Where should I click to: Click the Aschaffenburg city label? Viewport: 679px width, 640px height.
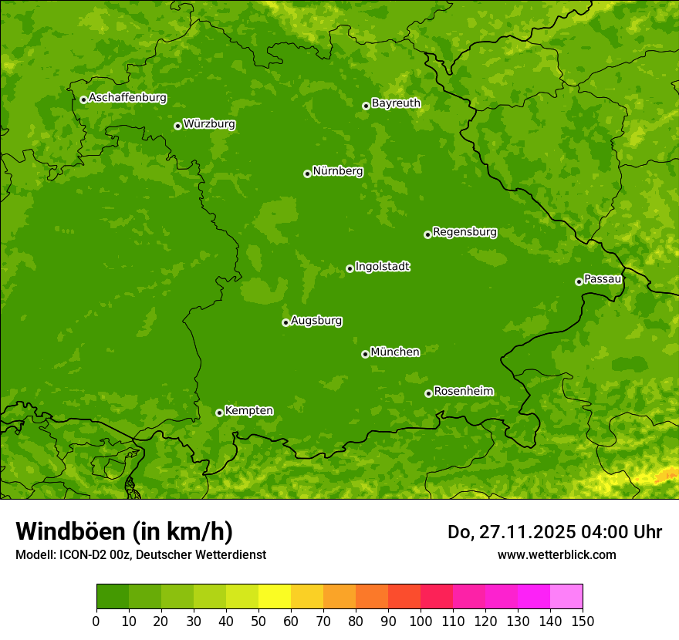[127, 98]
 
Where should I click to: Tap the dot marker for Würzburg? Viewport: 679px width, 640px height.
[177, 126]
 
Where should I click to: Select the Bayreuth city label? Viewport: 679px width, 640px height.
[396, 103]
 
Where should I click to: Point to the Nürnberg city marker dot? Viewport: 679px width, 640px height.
[307, 173]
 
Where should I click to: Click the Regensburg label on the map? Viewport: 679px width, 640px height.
[464, 232]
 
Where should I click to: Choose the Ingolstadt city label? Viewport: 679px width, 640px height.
[382, 267]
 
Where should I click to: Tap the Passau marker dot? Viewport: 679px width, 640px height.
[579, 281]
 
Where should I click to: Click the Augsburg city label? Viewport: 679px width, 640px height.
[316, 321]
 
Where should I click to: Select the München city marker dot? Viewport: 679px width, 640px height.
[365, 354]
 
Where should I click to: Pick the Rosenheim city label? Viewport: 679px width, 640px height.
[463, 392]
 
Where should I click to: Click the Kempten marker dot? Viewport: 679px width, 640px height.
[219, 413]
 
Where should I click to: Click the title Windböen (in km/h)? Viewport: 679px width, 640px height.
[124, 532]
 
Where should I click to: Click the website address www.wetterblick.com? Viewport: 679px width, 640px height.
[556, 554]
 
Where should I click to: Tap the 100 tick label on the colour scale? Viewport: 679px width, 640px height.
[421, 621]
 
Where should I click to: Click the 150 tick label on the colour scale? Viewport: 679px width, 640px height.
[583, 621]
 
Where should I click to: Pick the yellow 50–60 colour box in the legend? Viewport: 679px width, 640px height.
[275, 597]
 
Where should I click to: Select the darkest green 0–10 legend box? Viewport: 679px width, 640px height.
[113, 597]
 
